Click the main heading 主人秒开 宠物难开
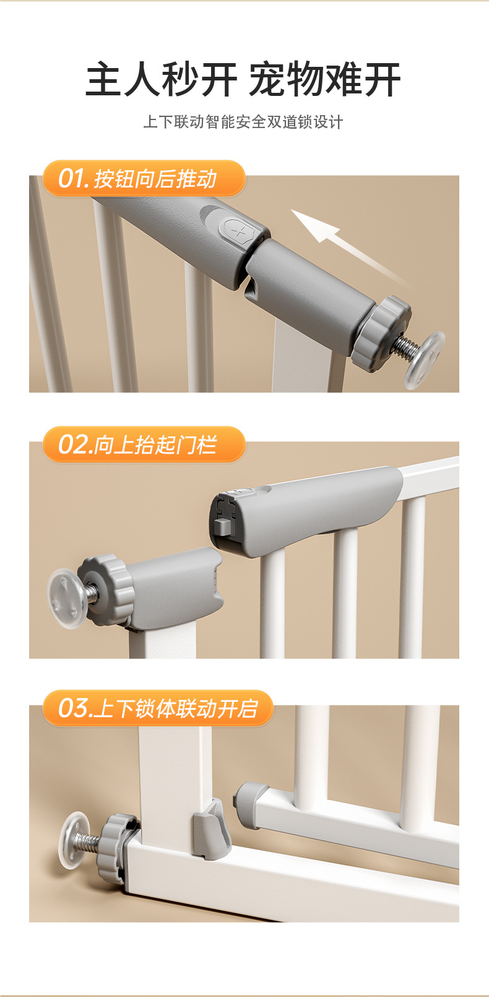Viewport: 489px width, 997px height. (243, 80)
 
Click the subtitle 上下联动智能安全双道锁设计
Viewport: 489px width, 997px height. (243, 122)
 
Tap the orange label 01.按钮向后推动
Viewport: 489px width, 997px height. (144, 179)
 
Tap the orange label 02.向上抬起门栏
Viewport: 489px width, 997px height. (144, 444)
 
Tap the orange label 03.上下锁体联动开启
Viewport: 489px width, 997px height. (158, 708)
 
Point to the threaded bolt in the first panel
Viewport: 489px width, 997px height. (403, 348)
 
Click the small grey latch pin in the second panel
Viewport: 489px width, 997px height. (222, 526)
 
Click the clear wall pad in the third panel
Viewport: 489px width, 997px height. (75, 840)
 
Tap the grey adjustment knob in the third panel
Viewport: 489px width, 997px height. (119, 847)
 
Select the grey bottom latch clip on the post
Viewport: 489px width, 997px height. (212, 829)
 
